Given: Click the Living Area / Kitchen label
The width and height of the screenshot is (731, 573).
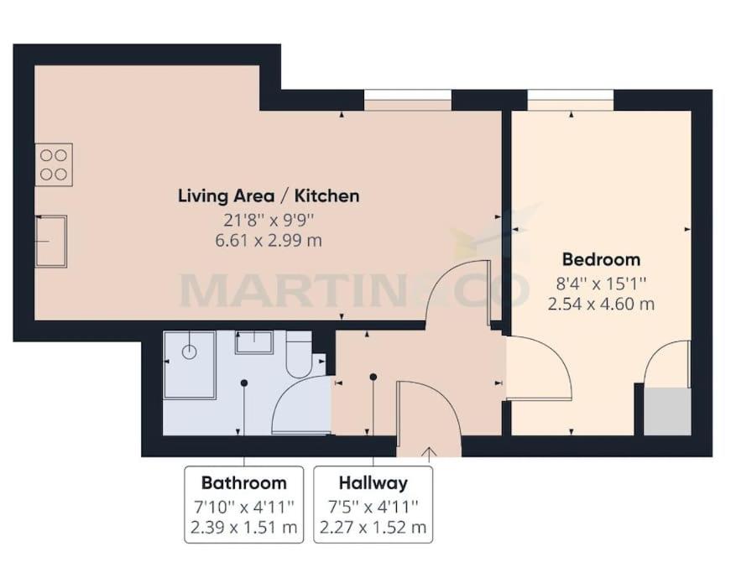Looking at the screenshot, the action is click(x=269, y=196).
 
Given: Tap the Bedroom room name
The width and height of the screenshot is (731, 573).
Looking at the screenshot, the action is click(x=602, y=259).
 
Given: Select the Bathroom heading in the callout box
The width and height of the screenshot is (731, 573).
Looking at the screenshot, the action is click(x=244, y=482).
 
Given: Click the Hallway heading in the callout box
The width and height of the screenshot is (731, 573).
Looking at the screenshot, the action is click(x=373, y=483).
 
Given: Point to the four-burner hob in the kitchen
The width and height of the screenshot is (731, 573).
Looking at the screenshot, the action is click(x=54, y=165).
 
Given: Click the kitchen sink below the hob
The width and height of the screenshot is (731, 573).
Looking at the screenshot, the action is click(x=51, y=242).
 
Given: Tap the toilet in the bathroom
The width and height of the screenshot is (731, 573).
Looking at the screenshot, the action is click(x=300, y=354).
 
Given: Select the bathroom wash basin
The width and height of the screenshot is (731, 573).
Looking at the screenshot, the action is click(x=254, y=342).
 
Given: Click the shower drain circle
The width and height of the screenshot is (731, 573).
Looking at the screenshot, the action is click(x=190, y=352).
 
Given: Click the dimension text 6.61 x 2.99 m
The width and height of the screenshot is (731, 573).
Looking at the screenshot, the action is click(x=269, y=241).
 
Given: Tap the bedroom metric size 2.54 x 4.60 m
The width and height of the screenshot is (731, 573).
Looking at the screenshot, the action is click(x=602, y=305).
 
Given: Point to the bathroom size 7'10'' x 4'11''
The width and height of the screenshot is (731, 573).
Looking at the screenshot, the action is click(x=244, y=506).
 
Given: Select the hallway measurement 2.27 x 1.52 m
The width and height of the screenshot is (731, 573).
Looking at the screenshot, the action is click(x=373, y=528).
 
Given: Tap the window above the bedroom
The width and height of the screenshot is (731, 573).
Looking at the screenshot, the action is click(x=571, y=100).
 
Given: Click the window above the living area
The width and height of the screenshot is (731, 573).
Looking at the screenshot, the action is click(x=408, y=100).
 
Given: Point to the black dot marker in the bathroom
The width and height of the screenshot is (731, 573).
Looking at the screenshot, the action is click(x=244, y=383).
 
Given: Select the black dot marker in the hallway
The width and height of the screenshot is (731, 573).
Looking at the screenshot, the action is click(x=373, y=377).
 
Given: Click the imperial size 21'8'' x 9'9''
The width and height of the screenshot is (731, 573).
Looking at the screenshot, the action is click(x=269, y=220).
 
